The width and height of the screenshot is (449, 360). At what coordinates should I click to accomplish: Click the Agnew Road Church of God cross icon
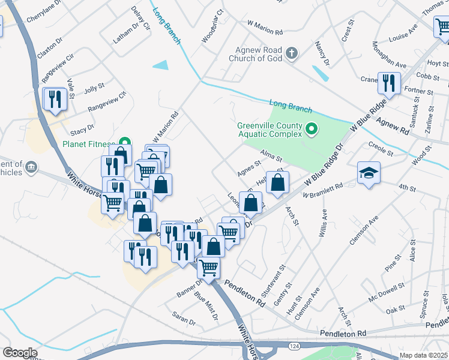coord(292,54)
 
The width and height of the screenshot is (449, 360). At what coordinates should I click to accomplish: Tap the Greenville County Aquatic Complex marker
coord(312,129)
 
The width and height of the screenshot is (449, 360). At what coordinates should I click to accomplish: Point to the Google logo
coord(19,352)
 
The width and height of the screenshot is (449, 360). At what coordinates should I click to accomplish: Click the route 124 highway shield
coord(294,346)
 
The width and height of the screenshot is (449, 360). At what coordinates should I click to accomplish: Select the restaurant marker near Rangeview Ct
coord(56,99)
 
